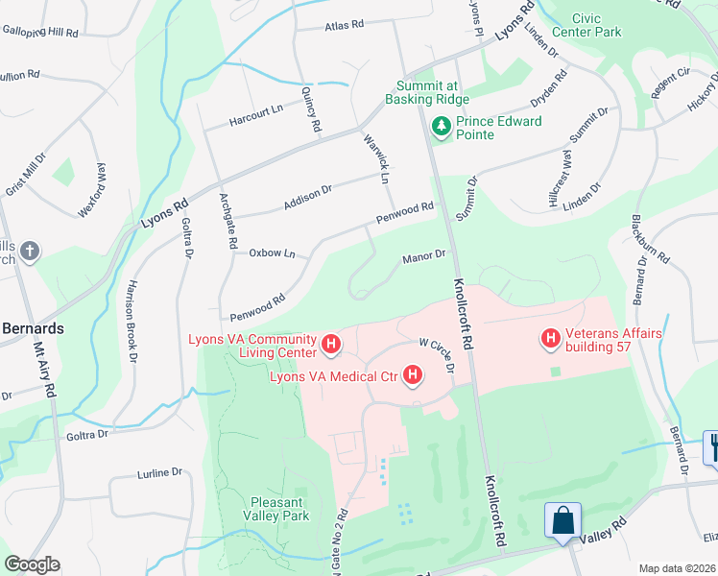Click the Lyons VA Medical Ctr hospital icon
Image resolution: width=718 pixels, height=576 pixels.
413,374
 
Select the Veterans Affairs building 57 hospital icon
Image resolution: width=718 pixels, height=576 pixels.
551,338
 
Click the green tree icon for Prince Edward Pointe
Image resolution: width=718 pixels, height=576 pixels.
442,126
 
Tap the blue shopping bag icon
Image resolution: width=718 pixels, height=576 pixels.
563,521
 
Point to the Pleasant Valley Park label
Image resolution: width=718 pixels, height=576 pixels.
279,508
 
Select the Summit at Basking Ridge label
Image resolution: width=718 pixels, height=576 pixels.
427,92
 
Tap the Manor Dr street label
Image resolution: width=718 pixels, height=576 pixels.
424,256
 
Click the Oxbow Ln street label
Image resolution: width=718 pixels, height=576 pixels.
272,253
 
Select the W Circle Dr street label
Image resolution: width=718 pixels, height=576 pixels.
436,352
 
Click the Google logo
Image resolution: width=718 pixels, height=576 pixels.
32,564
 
